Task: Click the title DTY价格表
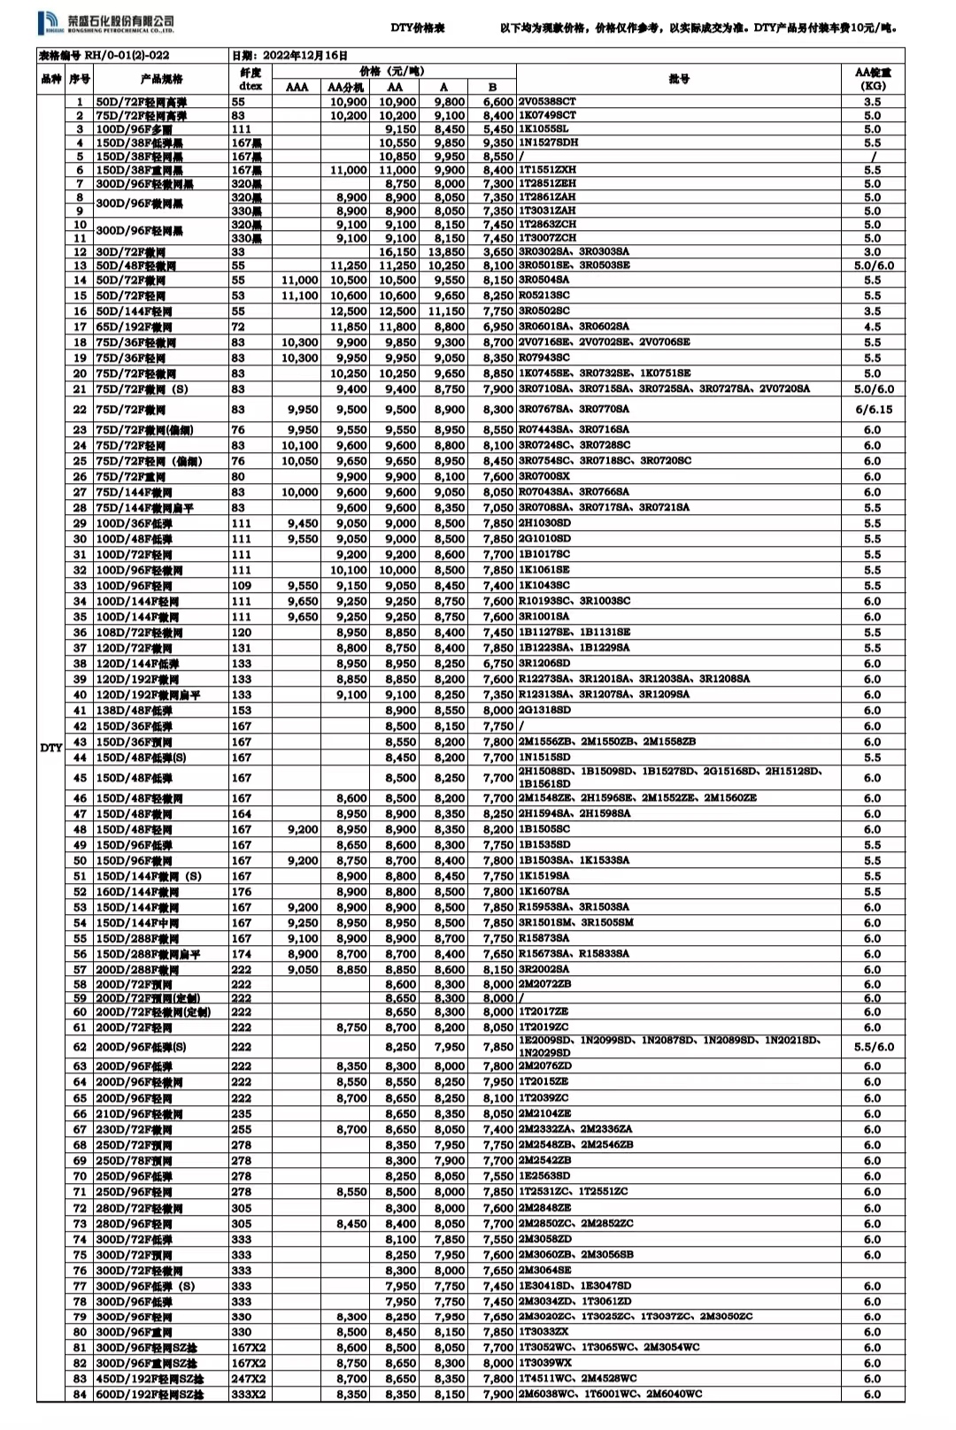point(418,28)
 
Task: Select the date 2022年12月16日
point(305,55)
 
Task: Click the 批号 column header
point(679,79)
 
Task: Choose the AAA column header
point(297,87)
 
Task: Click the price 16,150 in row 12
point(397,252)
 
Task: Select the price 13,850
point(446,252)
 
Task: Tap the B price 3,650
point(498,252)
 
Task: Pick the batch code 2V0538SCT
point(547,102)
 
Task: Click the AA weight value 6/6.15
point(873,410)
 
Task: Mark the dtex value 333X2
point(248,1395)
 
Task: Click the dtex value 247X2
point(248,1379)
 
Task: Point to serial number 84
point(80,1395)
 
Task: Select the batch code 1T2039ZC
point(544,1098)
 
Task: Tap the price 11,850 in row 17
point(349,327)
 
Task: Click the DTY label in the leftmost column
point(50,748)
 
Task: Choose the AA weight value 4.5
point(873,327)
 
